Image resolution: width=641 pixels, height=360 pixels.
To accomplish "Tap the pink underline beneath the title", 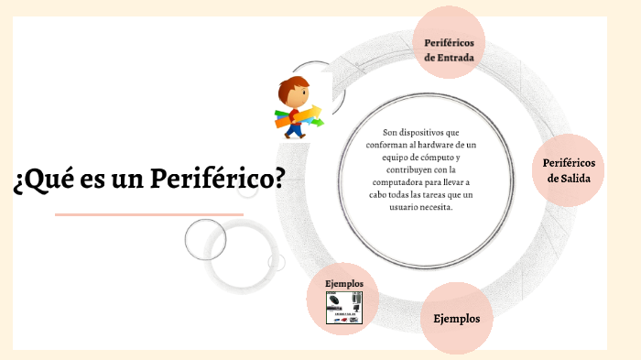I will tap(148, 214).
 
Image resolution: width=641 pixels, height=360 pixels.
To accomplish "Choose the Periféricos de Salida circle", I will tap(569, 169).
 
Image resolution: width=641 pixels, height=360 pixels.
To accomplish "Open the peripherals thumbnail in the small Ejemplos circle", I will tap(345, 306).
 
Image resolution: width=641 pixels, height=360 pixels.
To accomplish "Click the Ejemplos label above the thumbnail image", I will tap(344, 284).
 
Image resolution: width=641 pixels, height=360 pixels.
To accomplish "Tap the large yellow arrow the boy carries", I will tap(306, 115).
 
